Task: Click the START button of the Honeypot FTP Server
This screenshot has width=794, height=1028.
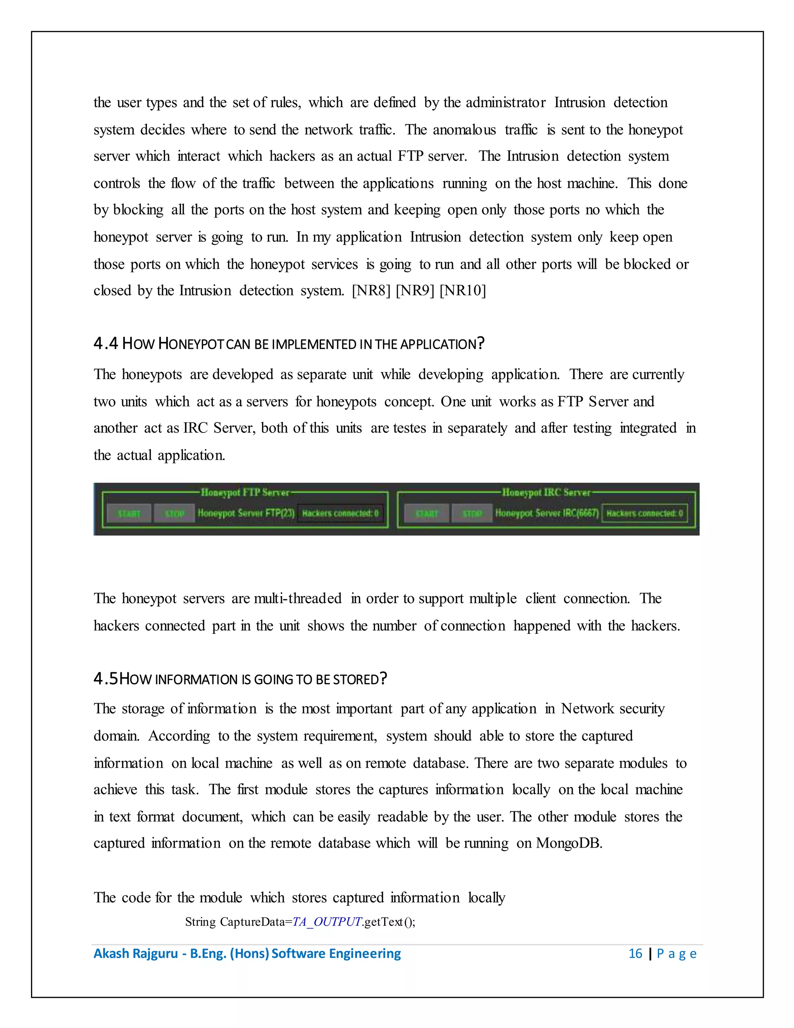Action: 129,513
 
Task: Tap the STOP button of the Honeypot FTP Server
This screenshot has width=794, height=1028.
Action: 174,513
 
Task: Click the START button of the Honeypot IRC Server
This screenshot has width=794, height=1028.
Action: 426,513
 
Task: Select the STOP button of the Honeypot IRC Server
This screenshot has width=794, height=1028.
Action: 472,513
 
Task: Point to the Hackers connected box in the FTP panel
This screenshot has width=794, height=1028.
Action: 340,513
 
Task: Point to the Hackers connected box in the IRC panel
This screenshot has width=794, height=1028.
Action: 644,513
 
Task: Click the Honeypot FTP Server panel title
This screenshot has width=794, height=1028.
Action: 245,492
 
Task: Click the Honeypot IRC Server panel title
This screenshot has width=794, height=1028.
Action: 546,492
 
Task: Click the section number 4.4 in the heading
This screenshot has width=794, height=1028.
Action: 105,344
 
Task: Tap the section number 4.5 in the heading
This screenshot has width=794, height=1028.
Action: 105,679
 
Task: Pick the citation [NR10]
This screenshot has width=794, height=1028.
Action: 463,291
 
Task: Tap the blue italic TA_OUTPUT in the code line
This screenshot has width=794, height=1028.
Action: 327,922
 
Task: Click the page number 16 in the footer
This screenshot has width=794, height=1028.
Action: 635,954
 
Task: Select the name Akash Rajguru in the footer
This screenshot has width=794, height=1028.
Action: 135,954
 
